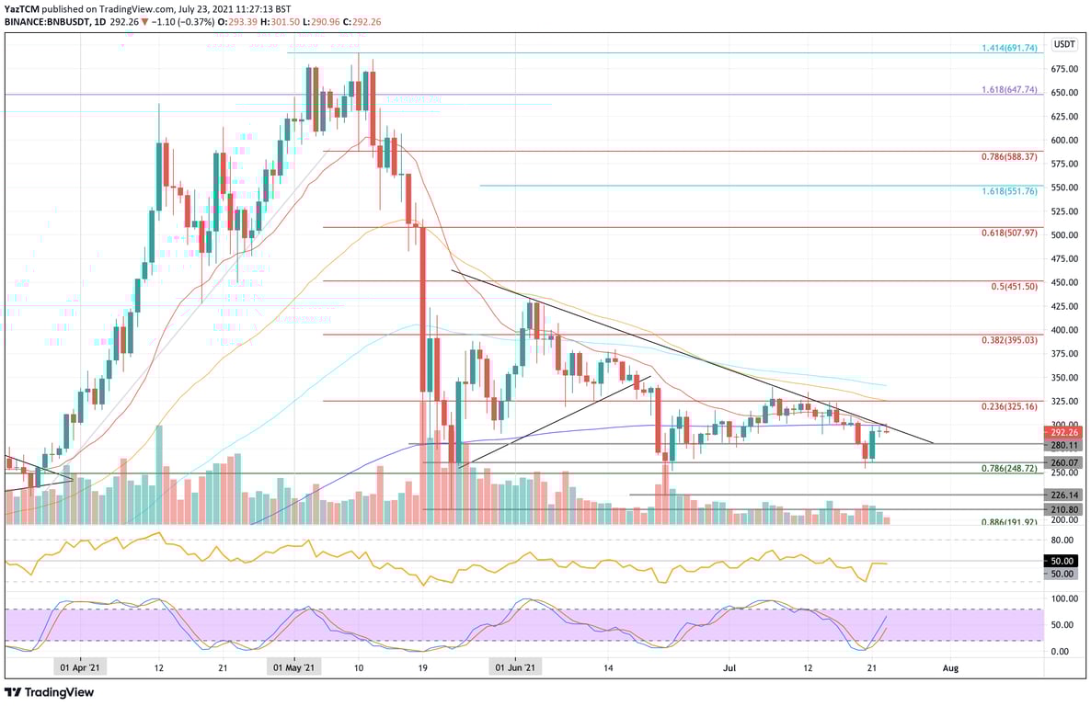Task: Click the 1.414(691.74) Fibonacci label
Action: click(1006, 47)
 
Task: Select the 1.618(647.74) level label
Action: click(1006, 90)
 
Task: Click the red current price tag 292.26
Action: click(1063, 432)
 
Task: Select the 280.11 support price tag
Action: click(1063, 445)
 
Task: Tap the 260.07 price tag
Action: click(1063, 463)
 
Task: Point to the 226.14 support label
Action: click(1063, 495)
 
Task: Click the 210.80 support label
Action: click(1063, 510)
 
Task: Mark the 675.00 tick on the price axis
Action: click(1063, 69)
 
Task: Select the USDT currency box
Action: click(1064, 43)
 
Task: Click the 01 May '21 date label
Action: click(294, 668)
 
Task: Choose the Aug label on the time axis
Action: click(951, 668)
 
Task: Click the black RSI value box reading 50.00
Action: click(1063, 560)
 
